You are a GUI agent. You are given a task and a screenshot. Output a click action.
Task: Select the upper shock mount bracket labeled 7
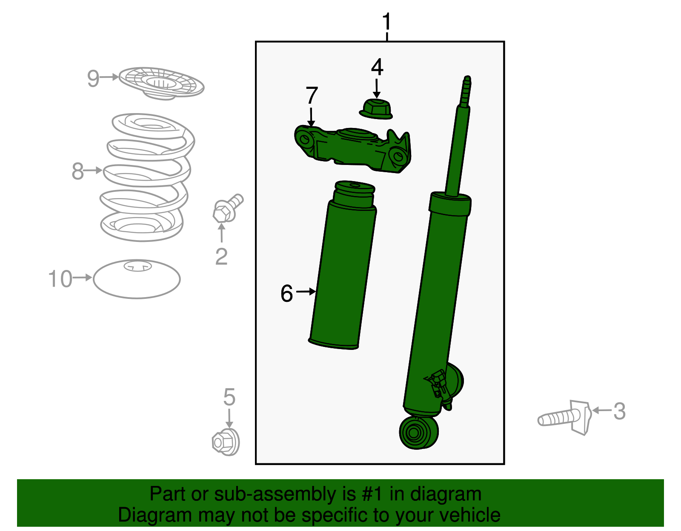pyautogui.click(x=353, y=149)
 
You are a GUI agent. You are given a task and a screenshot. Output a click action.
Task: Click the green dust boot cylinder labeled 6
pyautogui.click(x=343, y=272)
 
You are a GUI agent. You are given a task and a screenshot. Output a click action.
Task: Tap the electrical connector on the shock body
pyautogui.click(x=438, y=383)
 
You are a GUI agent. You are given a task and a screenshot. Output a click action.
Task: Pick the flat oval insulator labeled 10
pyautogui.click(x=137, y=279)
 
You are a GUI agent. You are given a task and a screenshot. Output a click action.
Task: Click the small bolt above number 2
pyautogui.click(x=226, y=208)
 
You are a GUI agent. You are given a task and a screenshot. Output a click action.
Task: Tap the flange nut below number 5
pyautogui.click(x=226, y=442)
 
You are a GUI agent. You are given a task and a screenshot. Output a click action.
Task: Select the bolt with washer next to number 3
pyautogui.click(x=566, y=418)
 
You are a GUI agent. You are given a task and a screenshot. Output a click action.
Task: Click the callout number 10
pyautogui.click(x=60, y=279)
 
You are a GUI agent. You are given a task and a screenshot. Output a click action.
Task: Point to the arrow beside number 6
pyautogui.click(x=306, y=292)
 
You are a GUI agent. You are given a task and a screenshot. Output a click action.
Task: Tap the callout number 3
pyautogui.click(x=619, y=412)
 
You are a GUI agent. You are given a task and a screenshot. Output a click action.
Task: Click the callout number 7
pyautogui.click(x=312, y=95)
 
